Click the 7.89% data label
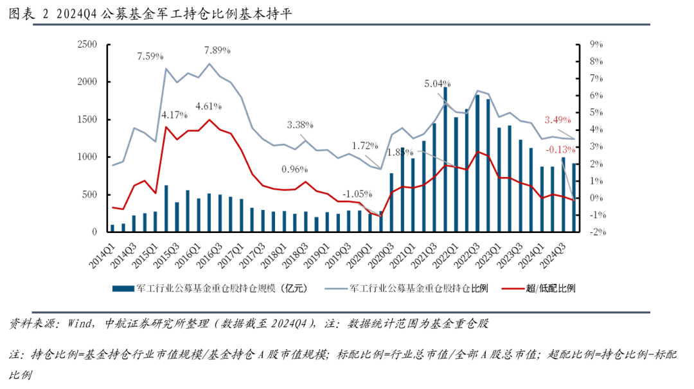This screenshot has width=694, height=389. tap(217, 50)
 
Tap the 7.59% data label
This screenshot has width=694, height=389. tap(150, 56)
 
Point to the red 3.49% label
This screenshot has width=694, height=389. tap(557, 120)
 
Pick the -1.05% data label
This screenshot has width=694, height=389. tap(357, 194)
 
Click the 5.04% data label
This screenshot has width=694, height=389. tap(438, 83)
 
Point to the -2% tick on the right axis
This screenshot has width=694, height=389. tap(598, 232)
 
